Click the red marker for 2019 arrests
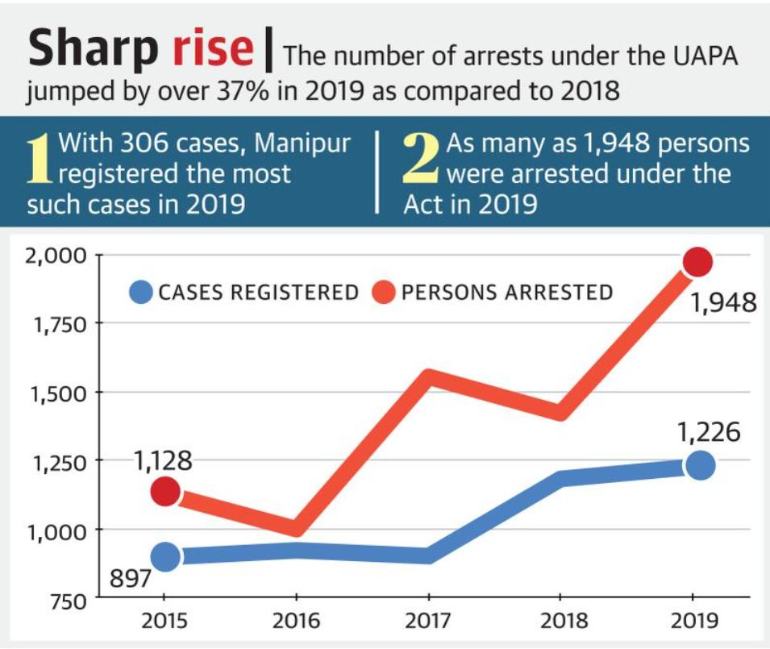[697, 262]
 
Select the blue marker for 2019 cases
[700, 465]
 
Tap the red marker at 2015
[165, 491]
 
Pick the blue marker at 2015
[165, 556]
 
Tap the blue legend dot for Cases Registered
[141, 292]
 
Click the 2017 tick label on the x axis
[428, 622]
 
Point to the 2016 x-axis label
[296, 622]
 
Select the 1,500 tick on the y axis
[57, 393]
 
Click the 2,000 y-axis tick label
[57, 256]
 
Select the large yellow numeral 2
[422, 158]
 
